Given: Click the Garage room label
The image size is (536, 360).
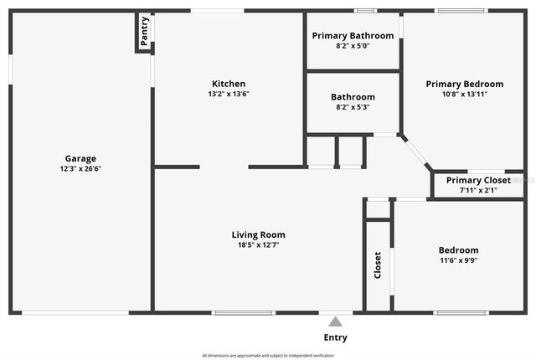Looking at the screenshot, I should coord(80,158).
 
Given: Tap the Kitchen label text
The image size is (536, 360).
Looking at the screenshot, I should coord(229,84).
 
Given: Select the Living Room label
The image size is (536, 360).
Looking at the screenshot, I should coord(259,234).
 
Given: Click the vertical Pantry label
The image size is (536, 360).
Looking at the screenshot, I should coord(145,32).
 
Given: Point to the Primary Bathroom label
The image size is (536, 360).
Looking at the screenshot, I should coord(353,36).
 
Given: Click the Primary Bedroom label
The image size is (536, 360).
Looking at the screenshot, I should coord(465,84).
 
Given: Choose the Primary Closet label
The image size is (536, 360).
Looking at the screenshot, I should coord(478,180).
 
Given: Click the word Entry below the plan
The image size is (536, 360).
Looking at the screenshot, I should coord(335,337).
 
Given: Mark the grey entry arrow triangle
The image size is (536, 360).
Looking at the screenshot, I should coord(335,321).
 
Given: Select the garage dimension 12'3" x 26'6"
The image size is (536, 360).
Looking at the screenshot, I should coord(80,168).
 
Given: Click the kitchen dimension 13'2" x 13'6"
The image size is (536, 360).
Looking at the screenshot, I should coord(229,94).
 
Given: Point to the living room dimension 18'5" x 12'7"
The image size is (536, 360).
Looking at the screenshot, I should coord(259,244).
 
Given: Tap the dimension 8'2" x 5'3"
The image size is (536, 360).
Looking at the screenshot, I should coord(353,106).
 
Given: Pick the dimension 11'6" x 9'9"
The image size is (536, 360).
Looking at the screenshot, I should coord(459,260).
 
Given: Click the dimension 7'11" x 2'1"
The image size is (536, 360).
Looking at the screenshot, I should coord(478,190).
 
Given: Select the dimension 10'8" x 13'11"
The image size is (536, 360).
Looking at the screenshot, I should coord(465,94).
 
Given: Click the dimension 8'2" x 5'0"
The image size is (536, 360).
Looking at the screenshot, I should coord(353,46).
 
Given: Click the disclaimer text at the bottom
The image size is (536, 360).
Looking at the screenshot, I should coord(267,354).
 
